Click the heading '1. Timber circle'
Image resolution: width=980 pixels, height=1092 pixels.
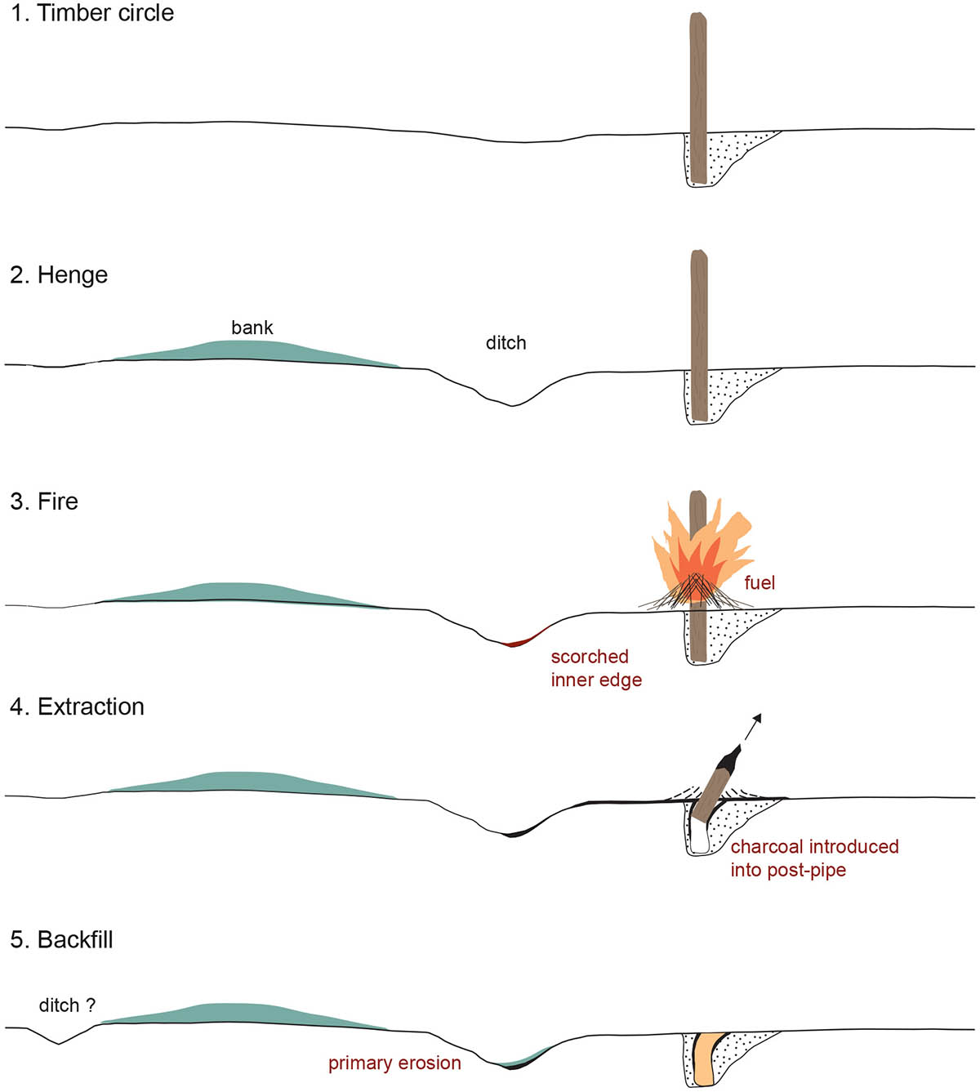coord(92,14)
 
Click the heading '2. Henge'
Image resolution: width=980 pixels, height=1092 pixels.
coord(59,275)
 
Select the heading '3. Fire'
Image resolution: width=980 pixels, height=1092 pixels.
coord(44,501)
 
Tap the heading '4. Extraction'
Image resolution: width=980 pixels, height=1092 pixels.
coord(77,706)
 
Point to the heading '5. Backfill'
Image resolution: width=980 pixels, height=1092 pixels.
coord(61,940)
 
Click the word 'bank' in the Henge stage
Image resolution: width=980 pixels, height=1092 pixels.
coord(252,328)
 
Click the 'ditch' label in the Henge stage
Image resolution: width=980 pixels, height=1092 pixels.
coord(506,343)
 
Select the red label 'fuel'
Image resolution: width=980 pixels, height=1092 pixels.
coord(759,583)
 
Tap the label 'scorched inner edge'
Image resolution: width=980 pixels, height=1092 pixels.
coord(595,668)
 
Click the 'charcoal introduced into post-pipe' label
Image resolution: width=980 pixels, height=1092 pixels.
coord(813,858)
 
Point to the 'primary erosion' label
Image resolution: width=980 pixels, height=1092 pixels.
coord(394,1063)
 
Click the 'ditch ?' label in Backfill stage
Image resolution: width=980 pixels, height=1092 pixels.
coord(67,1005)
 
